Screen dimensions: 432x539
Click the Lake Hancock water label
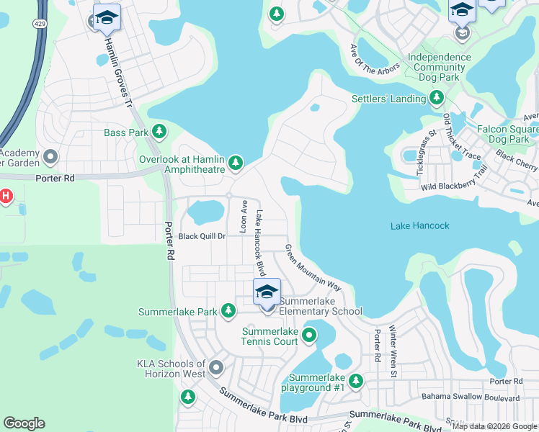click(x=419, y=226)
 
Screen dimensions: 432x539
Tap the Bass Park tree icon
click(x=159, y=132)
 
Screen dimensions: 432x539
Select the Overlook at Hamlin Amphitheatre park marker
click(x=235, y=164)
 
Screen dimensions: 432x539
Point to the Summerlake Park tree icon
click(x=228, y=310)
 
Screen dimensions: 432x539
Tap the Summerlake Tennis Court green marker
click(x=309, y=335)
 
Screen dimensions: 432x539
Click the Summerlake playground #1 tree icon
click(x=355, y=380)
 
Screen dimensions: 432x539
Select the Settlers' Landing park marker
click(x=436, y=98)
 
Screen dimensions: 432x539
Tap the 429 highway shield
click(x=35, y=23)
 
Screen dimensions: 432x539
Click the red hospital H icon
click(x=6, y=196)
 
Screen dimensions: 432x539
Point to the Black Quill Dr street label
click(x=202, y=236)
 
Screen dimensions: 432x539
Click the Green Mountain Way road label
click(x=313, y=268)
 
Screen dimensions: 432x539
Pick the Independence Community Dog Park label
click(x=440, y=68)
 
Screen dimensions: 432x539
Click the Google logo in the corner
click(x=24, y=423)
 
